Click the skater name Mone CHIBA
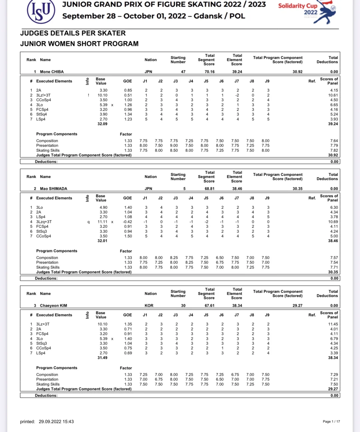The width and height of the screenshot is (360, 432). click(x=52, y=72)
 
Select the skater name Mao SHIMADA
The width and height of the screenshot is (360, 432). click(x=53, y=189)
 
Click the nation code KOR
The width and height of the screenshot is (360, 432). click(x=149, y=306)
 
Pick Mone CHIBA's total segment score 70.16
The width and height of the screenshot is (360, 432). click(x=209, y=72)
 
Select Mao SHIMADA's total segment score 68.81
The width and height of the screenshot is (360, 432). click(x=209, y=189)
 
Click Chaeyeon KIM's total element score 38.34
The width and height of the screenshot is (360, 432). click(x=237, y=306)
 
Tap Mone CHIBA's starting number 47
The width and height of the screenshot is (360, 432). click(x=183, y=72)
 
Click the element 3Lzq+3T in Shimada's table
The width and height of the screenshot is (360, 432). click(x=44, y=222)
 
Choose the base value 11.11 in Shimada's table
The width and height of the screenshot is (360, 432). click(x=102, y=222)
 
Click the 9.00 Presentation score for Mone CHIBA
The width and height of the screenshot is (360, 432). click(x=174, y=145)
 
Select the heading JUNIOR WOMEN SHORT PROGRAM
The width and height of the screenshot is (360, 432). click(x=79, y=44)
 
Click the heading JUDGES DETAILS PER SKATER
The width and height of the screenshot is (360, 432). click(x=73, y=33)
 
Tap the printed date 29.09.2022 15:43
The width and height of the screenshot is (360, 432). click(x=56, y=422)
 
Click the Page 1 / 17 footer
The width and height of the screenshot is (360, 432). click(x=331, y=422)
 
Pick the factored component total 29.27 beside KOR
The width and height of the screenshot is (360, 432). click(x=297, y=306)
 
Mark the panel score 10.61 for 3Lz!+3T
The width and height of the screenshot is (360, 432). click(x=333, y=95)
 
